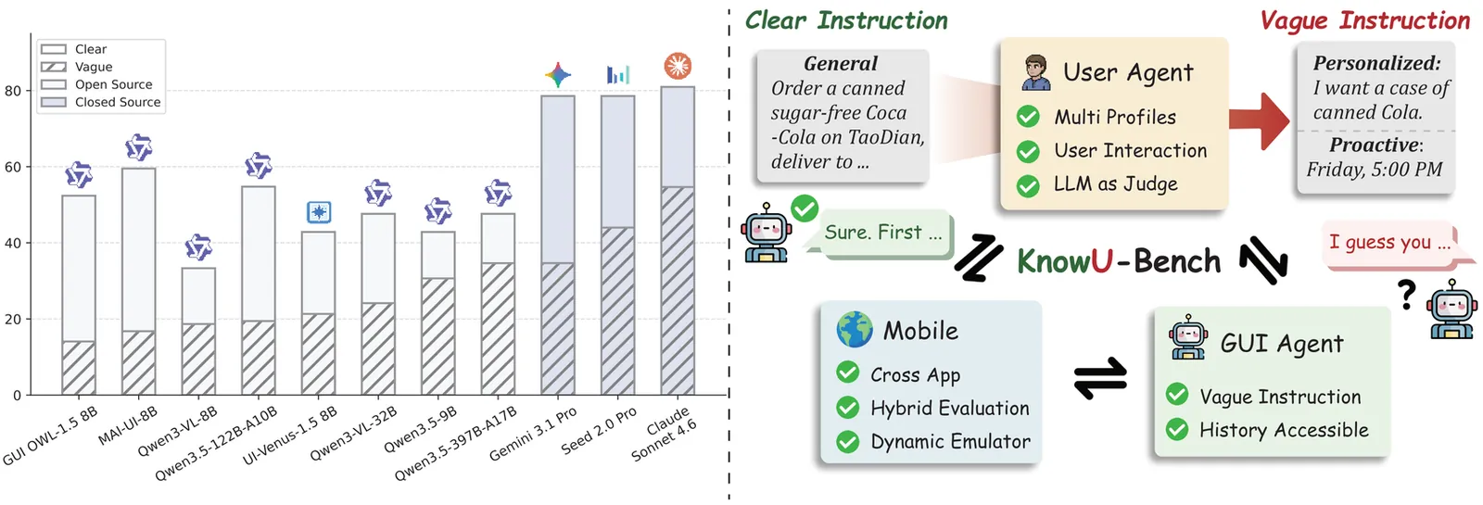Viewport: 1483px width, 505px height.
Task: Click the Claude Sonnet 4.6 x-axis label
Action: [x=665, y=434]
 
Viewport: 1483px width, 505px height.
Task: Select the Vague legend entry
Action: [x=93, y=67]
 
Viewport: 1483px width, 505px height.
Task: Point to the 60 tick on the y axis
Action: [x=12, y=167]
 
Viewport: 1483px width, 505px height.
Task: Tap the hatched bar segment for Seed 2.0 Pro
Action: [x=617, y=310]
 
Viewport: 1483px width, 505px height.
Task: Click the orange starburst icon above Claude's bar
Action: [x=678, y=66]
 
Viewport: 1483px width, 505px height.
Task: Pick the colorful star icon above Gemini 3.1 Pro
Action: [x=558, y=75]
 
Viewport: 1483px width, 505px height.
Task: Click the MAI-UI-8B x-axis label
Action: [x=129, y=425]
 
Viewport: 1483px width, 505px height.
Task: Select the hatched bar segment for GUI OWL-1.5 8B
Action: [x=79, y=368]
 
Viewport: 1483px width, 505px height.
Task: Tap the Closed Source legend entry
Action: [x=117, y=102]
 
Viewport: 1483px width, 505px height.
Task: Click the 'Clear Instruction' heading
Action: [x=846, y=20]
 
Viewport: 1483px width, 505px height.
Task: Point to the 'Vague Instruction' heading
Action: [x=1364, y=20]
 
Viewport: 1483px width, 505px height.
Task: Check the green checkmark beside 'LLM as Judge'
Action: [x=1028, y=185]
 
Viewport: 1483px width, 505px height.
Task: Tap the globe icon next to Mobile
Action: [x=854, y=330]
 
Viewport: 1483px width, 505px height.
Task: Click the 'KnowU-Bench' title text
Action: [x=1118, y=261]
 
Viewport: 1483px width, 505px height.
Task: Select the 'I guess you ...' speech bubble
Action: [x=1389, y=243]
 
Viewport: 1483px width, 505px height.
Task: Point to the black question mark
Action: [x=1407, y=295]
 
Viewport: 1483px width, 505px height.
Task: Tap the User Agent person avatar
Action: [x=1036, y=72]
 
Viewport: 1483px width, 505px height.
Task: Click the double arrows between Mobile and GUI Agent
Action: [x=1100, y=377]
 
